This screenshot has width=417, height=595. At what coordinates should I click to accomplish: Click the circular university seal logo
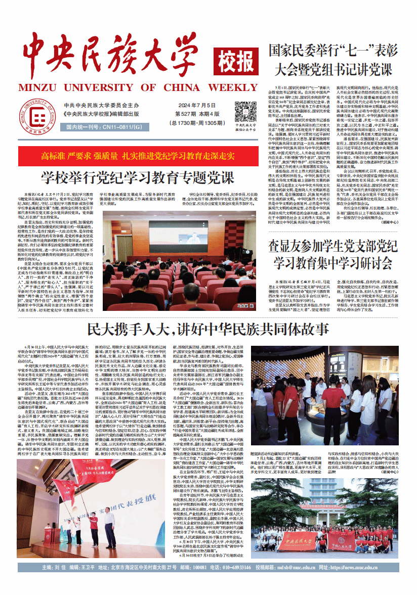point(32,116)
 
